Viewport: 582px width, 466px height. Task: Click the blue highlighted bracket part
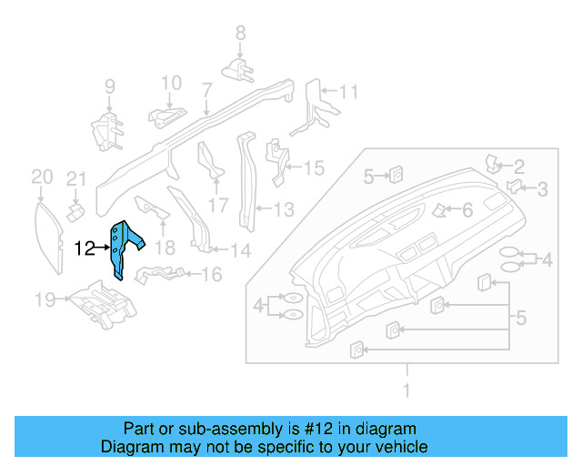(123, 247)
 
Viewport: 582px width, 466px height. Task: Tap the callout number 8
(240, 34)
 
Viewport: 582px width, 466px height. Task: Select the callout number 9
(109, 87)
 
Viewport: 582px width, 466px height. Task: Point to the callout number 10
(172, 84)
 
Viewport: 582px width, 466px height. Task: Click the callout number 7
(206, 89)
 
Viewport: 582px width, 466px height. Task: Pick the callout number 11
(348, 91)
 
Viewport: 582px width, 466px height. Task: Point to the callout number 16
(211, 274)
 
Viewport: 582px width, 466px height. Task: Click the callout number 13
(284, 210)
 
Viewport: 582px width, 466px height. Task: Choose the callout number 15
(313, 167)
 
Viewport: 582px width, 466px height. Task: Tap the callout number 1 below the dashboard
(406, 390)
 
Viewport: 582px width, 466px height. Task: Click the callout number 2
(519, 166)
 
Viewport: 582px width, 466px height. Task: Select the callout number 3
(542, 189)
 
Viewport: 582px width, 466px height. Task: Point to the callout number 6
(467, 210)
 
